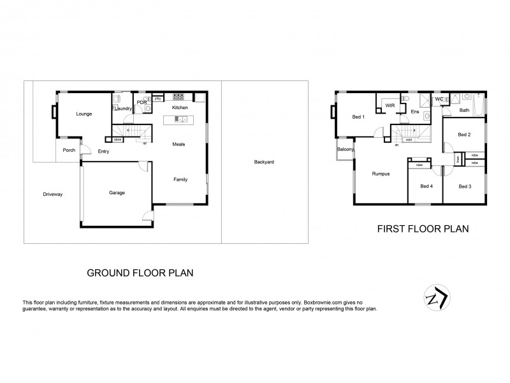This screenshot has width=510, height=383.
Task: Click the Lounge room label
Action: (84, 114)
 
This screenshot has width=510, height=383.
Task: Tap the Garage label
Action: (117, 193)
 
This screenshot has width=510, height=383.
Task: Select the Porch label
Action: (69, 151)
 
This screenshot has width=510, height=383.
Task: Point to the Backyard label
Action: (263, 162)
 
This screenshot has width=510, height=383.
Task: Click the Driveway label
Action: (53, 193)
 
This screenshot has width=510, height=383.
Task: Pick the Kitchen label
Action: (180, 109)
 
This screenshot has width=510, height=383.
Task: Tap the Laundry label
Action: (123, 109)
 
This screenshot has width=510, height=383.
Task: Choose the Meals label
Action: (179, 144)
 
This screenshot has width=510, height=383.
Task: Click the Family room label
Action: (181, 179)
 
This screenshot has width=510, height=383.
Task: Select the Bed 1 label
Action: (358, 117)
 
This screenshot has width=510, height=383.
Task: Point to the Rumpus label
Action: (381, 174)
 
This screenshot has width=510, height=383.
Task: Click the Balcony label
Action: (345, 149)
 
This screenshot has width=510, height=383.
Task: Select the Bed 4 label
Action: (426, 186)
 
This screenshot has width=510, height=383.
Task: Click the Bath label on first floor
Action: (465, 110)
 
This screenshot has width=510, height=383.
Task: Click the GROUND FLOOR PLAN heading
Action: (140, 273)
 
